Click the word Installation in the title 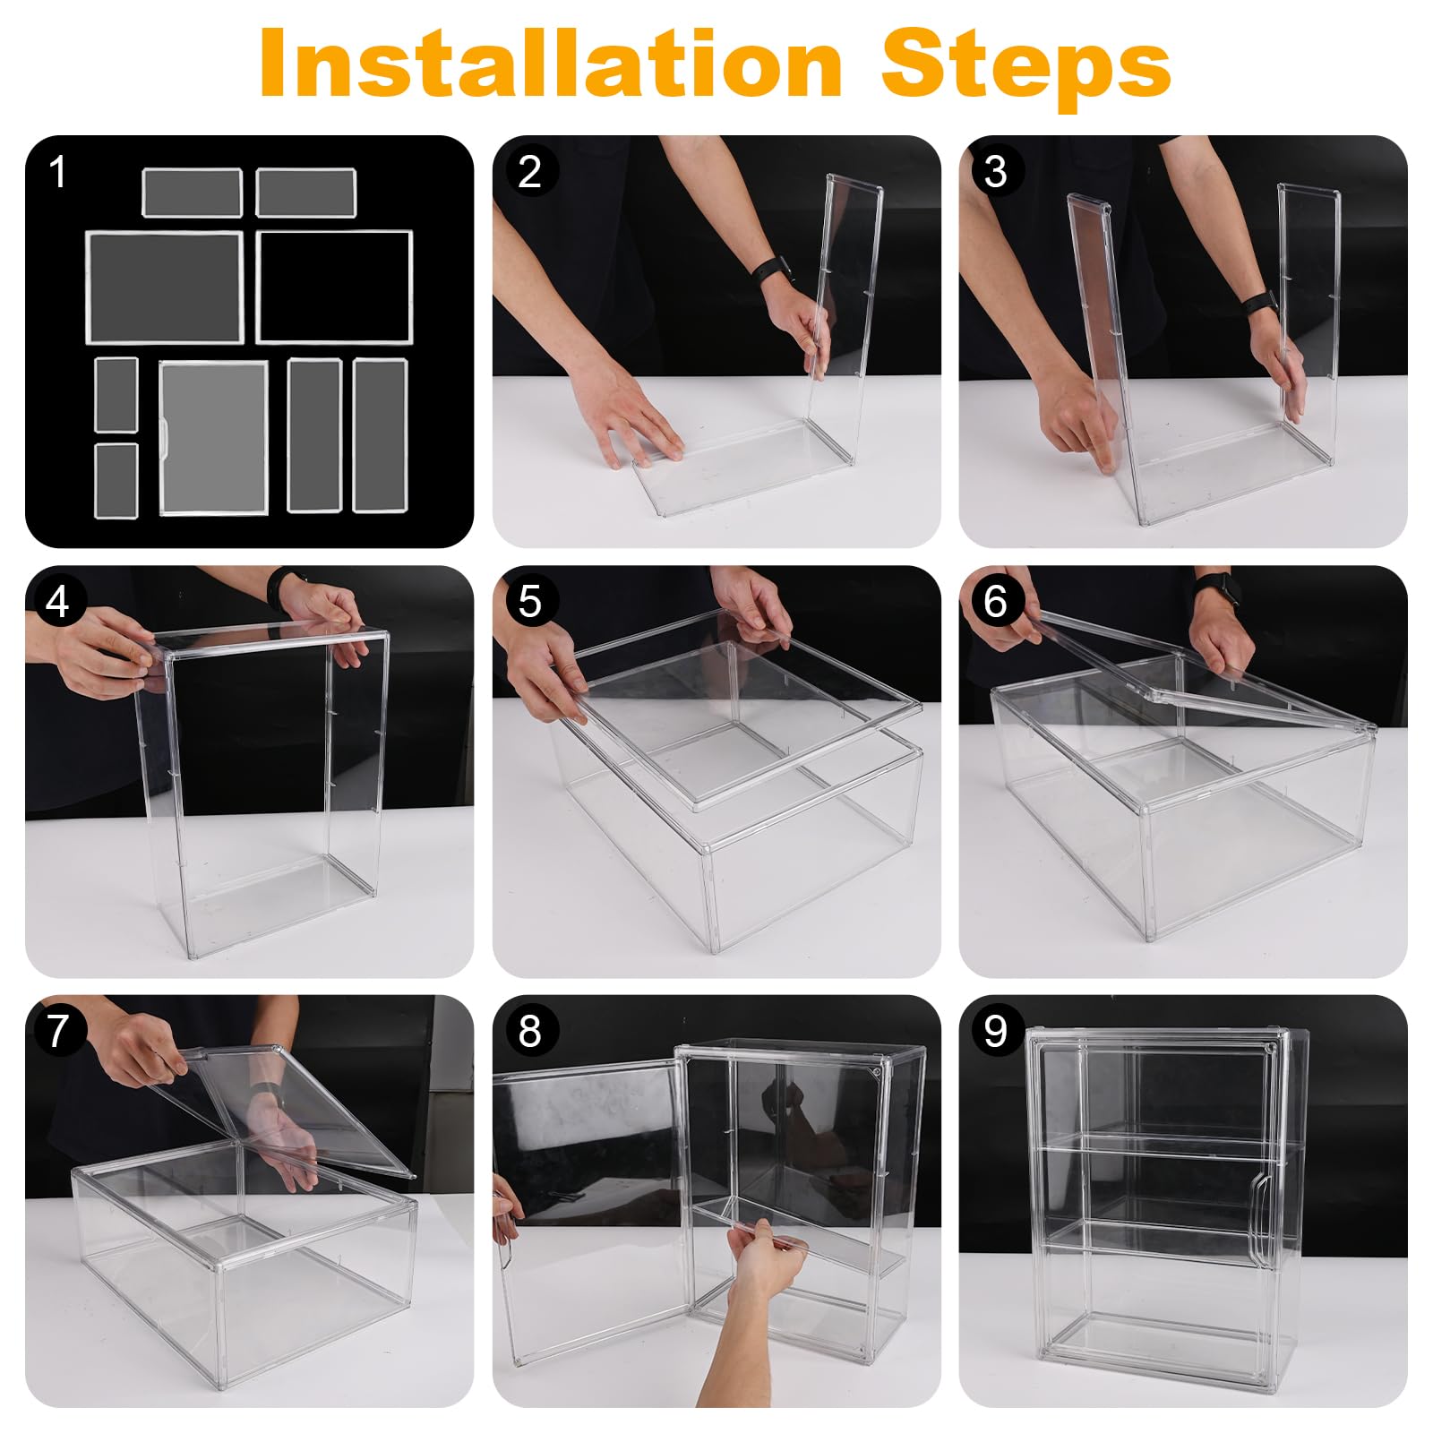point(551,63)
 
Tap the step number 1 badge point(58,171)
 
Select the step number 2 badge point(529,171)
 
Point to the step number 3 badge point(995,171)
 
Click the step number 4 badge point(58,602)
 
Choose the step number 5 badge point(529,602)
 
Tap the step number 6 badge point(995,602)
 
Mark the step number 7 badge point(58,1031)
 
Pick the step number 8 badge point(529,1031)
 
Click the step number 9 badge point(995,1031)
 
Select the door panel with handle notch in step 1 point(213,438)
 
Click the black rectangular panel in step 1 point(334,287)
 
